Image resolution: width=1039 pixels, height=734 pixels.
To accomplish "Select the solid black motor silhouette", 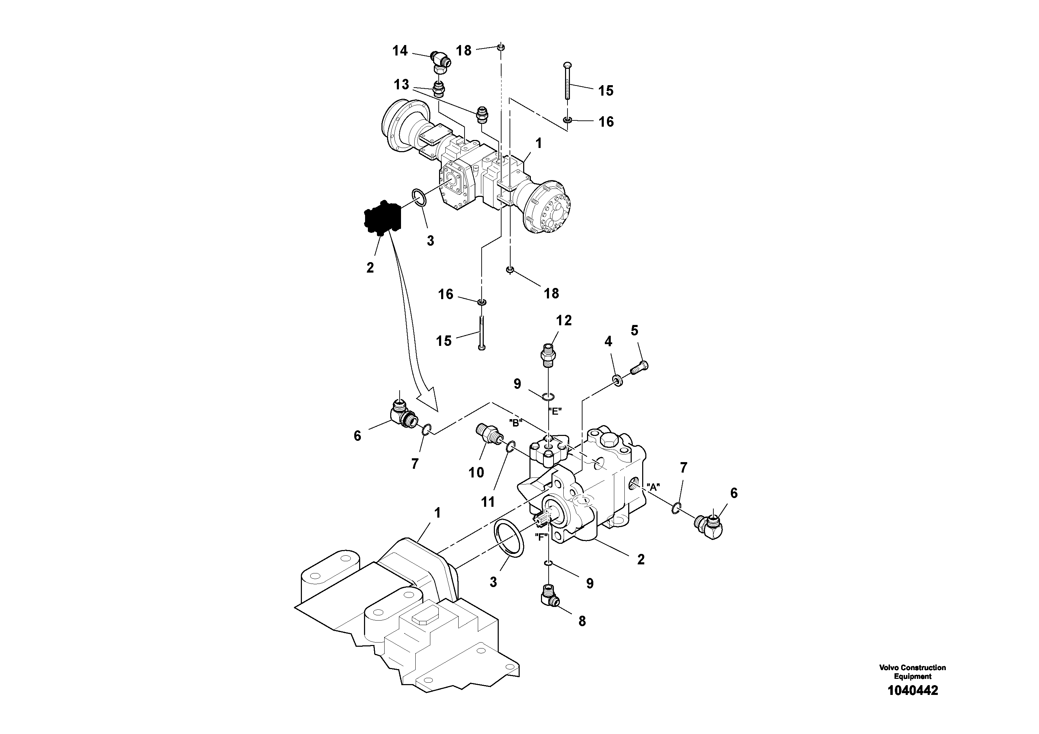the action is coord(383,218).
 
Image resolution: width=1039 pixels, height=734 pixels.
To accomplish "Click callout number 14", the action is coord(400,51).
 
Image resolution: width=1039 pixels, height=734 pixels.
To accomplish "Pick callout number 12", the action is coord(564,320).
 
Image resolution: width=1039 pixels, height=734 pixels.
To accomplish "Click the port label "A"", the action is coord(653,487).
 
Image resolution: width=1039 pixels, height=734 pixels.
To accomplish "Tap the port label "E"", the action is coord(555,412).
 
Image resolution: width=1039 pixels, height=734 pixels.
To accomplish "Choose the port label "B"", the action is coord(516,423).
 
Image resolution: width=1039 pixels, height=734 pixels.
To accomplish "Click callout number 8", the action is coord(582,621).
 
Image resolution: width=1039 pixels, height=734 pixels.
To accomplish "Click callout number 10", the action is coord(476,473).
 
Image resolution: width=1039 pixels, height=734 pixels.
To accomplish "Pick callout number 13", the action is coord(401,84).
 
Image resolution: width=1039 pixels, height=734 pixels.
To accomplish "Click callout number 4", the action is coord(608,342).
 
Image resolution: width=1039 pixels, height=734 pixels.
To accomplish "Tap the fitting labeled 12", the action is coord(548,356).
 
